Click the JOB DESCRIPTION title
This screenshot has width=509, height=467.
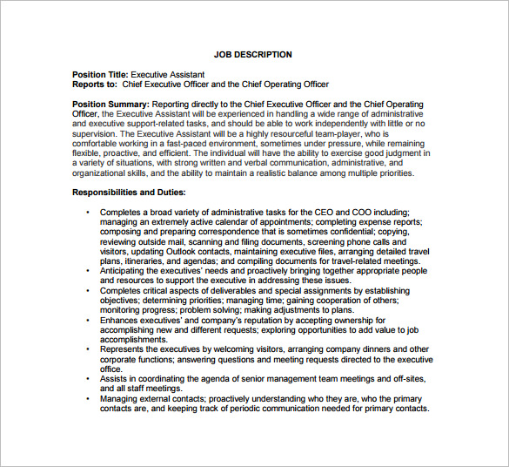[x=252, y=55]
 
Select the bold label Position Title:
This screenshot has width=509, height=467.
[x=100, y=75]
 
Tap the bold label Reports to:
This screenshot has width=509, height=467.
[x=94, y=85]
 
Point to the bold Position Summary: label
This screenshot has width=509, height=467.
[x=111, y=105]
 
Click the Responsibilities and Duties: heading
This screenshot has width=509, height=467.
[x=128, y=192]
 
